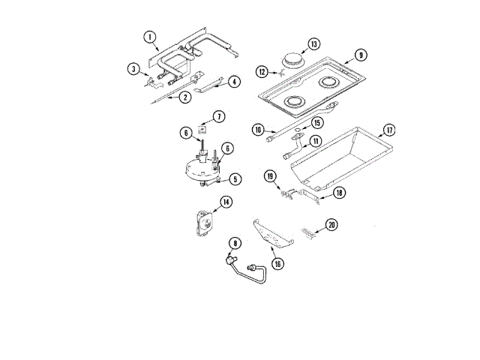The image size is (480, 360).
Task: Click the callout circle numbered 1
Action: [x=148, y=37]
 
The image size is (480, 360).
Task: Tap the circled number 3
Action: [x=132, y=69]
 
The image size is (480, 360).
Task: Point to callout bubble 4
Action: [x=234, y=81]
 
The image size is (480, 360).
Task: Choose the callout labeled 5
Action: [x=235, y=178]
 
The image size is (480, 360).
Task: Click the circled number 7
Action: [x=217, y=116]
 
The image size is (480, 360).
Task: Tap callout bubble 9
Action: [x=360, y=55]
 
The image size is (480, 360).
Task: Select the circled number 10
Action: [x=257, y=130]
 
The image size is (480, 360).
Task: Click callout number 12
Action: [x=262, y=72]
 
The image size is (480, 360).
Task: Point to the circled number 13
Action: [x=313, y=43]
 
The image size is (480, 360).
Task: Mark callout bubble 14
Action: [x=226, y=202]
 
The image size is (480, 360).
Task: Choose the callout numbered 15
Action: [x=317, y=121]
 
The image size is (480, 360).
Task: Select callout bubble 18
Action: [x=339, y=193]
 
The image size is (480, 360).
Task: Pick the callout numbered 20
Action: [x=331, y=224]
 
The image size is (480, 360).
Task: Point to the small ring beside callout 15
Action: [x=298, y=130]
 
